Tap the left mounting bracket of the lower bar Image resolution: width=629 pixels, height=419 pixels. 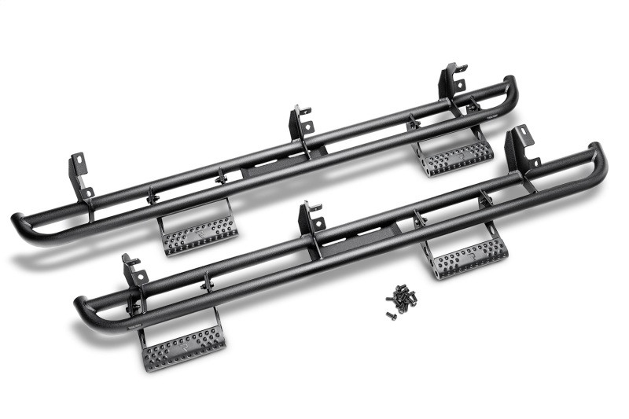134,275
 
